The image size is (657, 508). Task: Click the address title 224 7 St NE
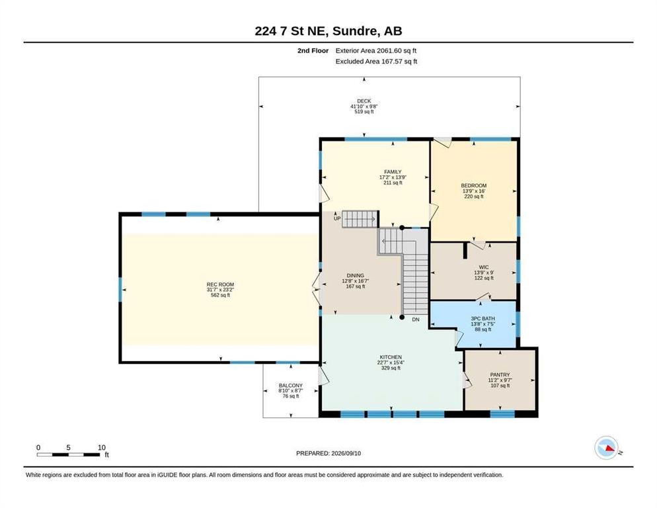292,31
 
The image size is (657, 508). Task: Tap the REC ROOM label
220,284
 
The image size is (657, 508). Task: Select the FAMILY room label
393,172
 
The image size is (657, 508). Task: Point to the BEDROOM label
474,185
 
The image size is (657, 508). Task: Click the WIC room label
484,267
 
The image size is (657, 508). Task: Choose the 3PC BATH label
483,319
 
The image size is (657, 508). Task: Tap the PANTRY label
500,374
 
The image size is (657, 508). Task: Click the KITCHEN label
391,357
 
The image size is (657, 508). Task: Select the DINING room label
356,276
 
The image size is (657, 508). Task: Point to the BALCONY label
290,386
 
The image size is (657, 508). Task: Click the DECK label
364,101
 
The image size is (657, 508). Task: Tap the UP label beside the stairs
337,218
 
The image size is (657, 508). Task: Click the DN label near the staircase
415,319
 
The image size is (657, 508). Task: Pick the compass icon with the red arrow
606,448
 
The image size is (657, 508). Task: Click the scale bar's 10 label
101,448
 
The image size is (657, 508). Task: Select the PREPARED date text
328,454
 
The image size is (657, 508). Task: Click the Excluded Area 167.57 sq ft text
376,62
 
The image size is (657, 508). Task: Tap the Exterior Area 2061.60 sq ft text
376,51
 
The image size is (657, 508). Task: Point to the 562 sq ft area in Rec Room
220,295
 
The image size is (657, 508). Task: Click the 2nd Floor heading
313,51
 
